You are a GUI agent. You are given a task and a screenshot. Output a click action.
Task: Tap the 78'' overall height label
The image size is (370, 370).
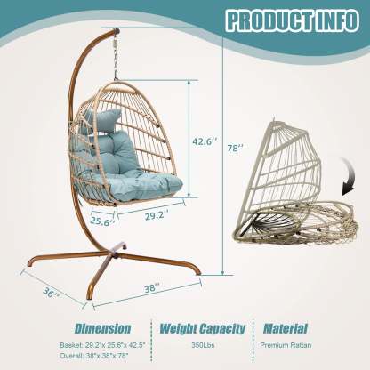click(235, 148)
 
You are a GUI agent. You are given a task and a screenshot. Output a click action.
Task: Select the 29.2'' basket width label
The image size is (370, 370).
click(157, 215)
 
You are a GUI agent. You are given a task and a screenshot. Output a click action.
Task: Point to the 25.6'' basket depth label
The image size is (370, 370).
click(102, 221)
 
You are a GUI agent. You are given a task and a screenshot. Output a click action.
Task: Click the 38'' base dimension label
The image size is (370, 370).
click(152, 288)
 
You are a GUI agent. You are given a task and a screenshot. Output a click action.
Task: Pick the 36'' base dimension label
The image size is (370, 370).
click(51, 293)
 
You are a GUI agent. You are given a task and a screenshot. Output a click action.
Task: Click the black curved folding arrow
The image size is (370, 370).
click(349, 176)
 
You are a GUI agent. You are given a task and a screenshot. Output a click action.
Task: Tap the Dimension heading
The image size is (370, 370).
click(102, 328)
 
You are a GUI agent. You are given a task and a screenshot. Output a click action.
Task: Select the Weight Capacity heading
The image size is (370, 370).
click(203, 328)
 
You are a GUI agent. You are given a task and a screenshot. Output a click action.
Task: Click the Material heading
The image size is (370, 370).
click(286, 328)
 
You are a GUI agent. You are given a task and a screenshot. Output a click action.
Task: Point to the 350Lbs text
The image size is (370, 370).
click(203, 345)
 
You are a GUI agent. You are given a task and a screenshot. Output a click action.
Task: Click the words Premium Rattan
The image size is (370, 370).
click(286, 345)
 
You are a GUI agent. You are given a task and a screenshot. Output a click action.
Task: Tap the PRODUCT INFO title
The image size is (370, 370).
click(293, 20)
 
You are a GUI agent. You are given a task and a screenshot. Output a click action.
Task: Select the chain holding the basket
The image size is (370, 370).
click(116, 56)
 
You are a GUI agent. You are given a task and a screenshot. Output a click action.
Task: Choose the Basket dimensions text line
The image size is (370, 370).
click(102, 345)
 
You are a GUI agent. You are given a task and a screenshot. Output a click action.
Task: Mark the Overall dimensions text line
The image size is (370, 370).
click(94, 356)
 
